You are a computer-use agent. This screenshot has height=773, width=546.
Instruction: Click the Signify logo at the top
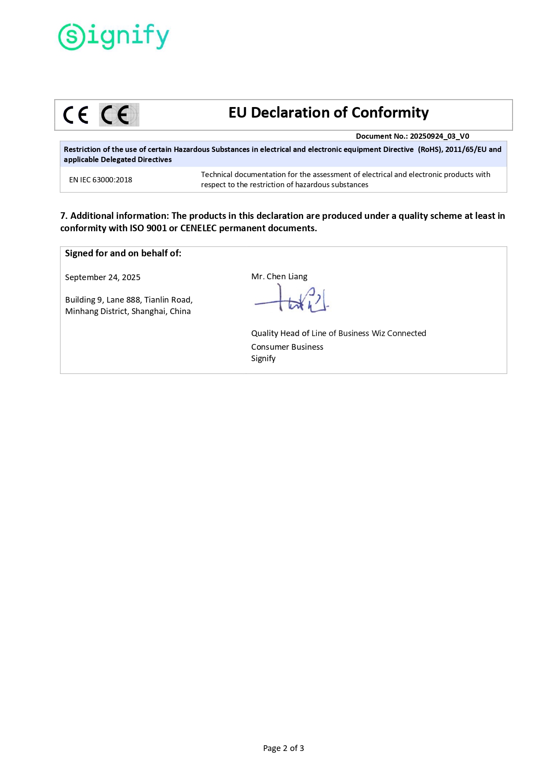point(114,37)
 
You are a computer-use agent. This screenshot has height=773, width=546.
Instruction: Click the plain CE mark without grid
point(76,115)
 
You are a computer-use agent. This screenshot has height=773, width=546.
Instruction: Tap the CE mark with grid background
point(119,115)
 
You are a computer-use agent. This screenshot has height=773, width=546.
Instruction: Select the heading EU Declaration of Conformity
point(328,113)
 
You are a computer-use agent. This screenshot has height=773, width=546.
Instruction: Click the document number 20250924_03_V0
point(439,137)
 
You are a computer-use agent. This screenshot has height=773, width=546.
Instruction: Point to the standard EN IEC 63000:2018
point(100,180)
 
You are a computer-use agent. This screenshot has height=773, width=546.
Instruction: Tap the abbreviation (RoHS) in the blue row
point(429,149)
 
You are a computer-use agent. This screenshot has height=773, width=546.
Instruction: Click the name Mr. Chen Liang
point(279,277)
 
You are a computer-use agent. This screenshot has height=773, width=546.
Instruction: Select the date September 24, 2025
point(103,277)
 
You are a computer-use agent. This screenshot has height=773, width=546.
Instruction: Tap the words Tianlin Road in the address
point(168,300)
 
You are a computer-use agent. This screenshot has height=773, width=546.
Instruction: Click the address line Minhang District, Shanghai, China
point(128,311)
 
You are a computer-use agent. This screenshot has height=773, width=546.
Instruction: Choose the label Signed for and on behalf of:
point(123,253)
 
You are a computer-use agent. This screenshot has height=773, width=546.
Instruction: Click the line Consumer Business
point(287,347)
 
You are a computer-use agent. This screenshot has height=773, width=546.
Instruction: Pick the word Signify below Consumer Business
point(263,359)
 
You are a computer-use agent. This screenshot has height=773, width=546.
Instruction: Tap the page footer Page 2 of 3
point(283,748)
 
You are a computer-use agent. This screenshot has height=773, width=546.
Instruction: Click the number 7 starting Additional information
point(63,216)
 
